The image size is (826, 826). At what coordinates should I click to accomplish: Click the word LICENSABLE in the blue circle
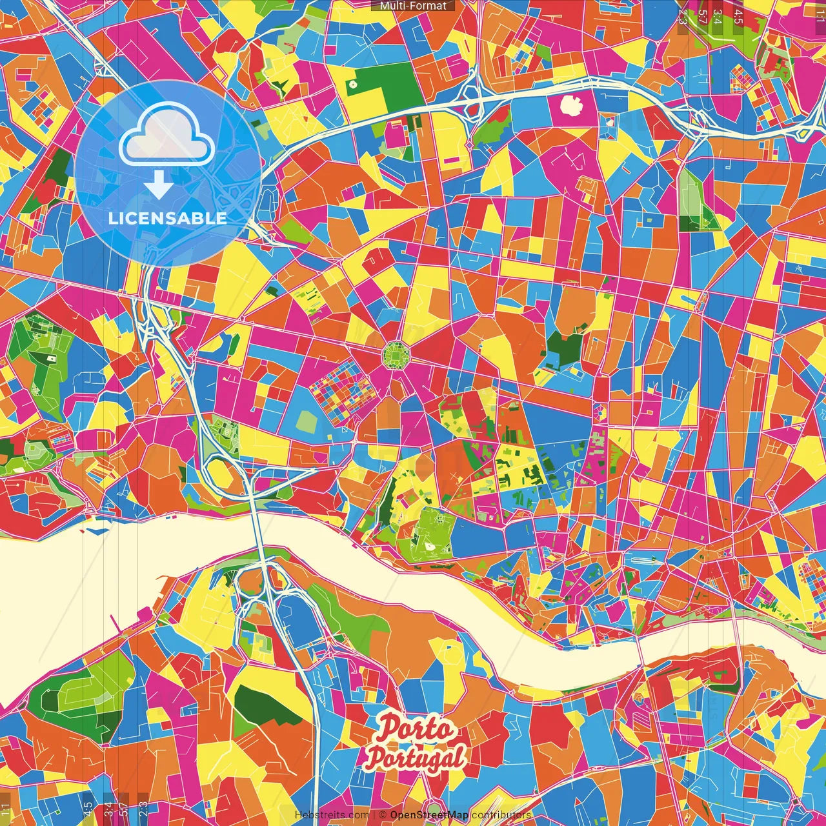click(x=167, y=218)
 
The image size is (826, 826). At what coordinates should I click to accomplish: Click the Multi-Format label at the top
click(x=413, y=6)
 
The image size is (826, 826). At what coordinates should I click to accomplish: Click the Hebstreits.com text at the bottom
click(x=332, y=815)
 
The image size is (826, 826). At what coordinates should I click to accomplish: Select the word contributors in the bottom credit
click(x=501, y=815)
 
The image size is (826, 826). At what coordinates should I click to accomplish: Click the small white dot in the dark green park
click(x=352, y=84)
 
